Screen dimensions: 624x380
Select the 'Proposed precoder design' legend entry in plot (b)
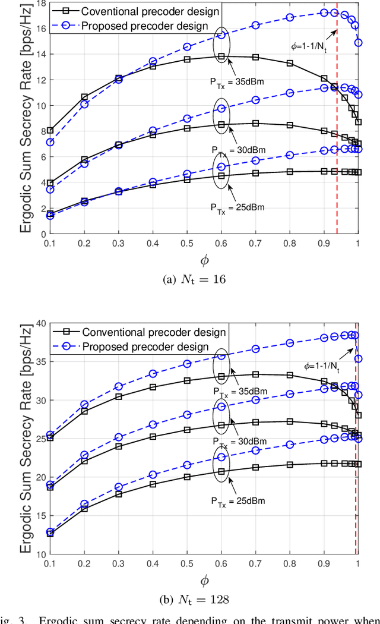pyautogui.click(x=145, y=346)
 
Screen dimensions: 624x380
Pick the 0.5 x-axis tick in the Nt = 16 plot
pyautogui.click(x=187, y=243)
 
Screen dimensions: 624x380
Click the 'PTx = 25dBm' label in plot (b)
pyautogui.click(x=237, y=500)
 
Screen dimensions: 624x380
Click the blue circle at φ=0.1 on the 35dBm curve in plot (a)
pyautogui.click(x=50, y=142)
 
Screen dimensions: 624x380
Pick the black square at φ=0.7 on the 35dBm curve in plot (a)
pyautogui.click(x=255, y=57)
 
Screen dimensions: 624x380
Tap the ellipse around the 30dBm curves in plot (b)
pyautogui.click(x=221, y=414)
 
